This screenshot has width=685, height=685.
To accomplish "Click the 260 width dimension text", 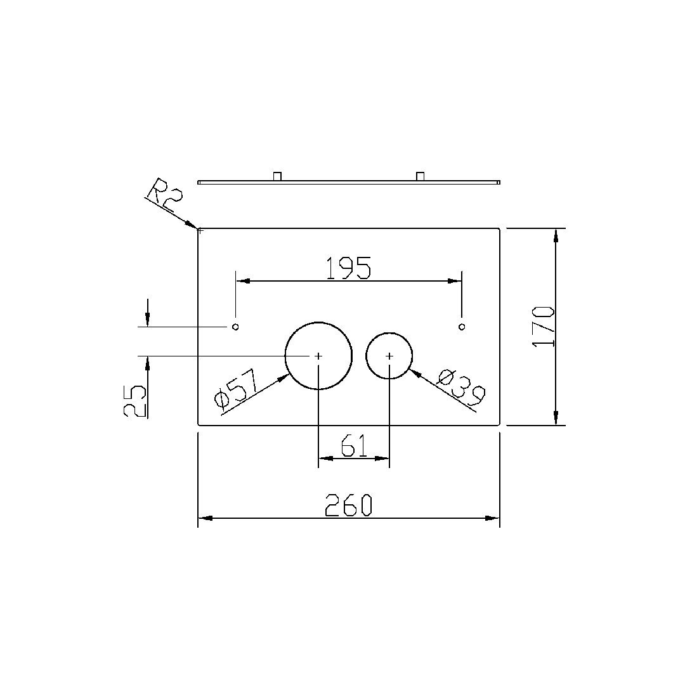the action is [348, 506].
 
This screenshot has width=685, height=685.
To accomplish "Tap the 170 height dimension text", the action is [544, 327].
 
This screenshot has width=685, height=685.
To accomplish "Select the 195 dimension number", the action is [349, 268].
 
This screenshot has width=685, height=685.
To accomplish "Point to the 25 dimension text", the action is [134, 401].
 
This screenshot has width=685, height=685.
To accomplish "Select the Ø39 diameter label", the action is [462, 388].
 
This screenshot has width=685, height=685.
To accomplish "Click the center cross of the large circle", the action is [318, 356].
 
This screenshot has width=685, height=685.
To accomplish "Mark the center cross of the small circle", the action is [389, 356].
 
